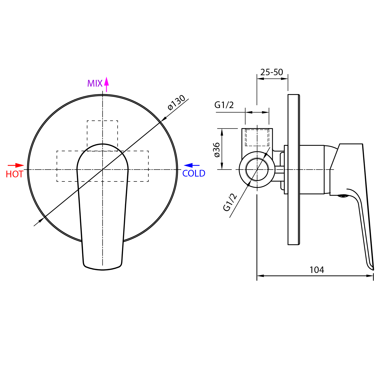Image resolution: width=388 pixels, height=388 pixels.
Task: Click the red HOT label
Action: [x=15, y=174]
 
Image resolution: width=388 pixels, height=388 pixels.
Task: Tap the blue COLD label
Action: [x=194, y=173]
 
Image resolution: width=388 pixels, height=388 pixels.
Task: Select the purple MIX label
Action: [x=95, y=83]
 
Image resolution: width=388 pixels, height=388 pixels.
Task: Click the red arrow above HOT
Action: [x=16, y=165]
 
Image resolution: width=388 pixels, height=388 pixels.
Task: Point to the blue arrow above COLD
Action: [x=192, y=165]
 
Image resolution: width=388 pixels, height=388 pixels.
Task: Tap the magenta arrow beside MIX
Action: [x=106, y=84]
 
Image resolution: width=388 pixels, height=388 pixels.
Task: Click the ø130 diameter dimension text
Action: [x=177, y=103]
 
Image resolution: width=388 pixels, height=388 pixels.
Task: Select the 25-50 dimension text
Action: [x=272, y=72]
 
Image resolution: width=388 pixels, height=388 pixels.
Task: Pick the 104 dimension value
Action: [x=317, y=270]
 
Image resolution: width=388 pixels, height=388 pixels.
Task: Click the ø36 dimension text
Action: [x=216, y=150]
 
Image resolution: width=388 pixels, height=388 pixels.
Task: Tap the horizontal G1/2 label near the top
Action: [x=224, y=105]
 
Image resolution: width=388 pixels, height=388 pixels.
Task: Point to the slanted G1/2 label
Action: [x=230, y=202]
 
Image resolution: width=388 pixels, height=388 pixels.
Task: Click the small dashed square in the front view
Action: [x=102, y=136]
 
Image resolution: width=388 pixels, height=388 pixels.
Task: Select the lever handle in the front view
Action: [x=103, y=207]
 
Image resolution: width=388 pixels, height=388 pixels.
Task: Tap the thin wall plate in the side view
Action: [x=294, y=170]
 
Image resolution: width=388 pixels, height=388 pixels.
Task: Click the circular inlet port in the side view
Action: [x=257, y=170]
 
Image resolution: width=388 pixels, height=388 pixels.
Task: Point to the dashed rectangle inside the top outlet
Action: [x=257, y=138]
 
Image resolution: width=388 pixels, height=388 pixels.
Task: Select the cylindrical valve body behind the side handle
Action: [x=312, y=170]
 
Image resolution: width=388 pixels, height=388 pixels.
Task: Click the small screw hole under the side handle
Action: [x=343, y=196]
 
